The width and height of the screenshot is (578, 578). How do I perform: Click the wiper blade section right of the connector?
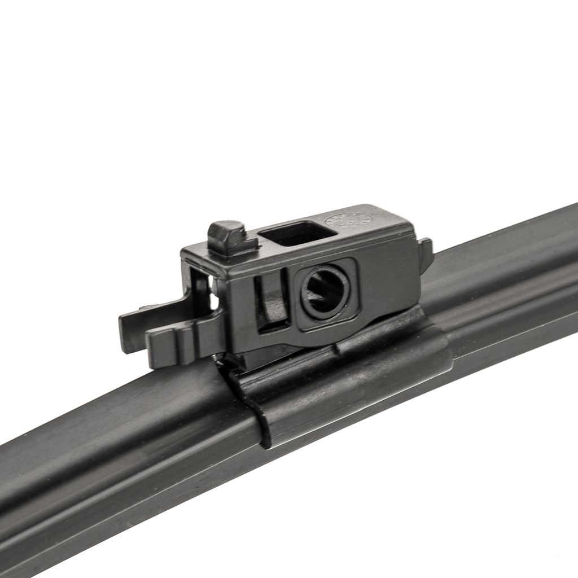pos(508,282)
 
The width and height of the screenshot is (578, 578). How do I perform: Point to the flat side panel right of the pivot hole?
pos(389,282)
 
